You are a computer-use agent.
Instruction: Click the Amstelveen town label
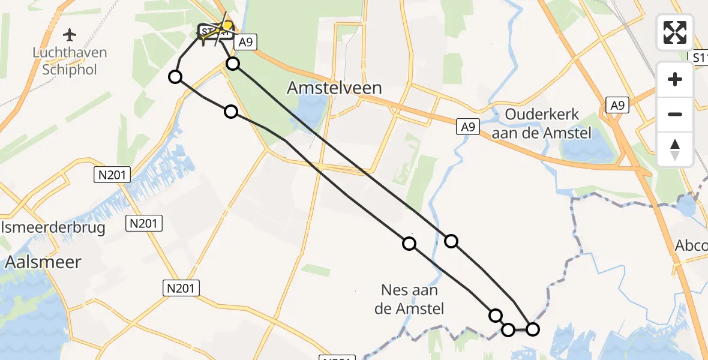pos(334,88)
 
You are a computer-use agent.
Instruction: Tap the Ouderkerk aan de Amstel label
pos(541,124)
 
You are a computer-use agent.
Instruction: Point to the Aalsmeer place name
pos(43,262)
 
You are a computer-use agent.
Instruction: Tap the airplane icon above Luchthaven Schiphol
pos(70,34)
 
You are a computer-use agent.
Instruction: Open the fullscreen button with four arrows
pos(675,32)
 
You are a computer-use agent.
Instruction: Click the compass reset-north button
pos(675,149)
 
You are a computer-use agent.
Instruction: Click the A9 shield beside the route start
pos(244,42)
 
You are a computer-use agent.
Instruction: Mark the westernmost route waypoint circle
pos(175,77)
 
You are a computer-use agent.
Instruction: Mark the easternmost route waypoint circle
pos(532,329)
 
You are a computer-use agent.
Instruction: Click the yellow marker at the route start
pos(227,26)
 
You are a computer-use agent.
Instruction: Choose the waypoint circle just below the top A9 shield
pos(233,64)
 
